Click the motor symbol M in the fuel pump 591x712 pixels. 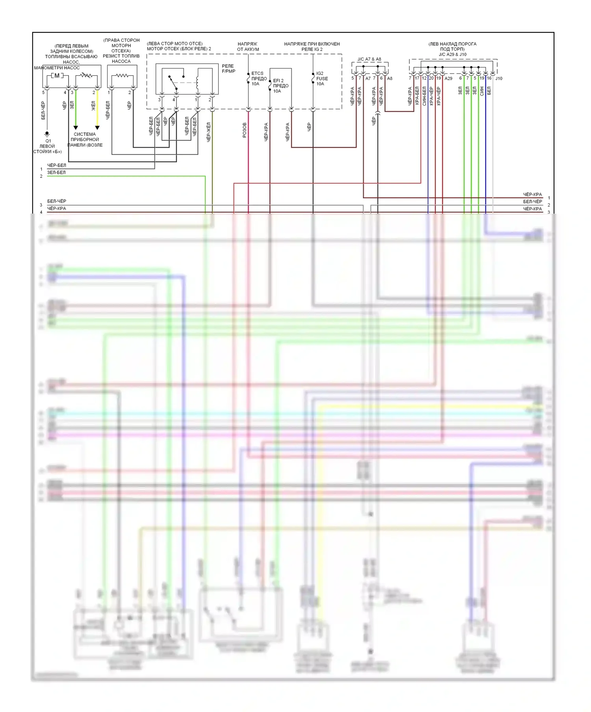pos(57,75)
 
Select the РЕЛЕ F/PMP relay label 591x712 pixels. pos(228,69)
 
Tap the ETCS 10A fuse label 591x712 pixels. pos(258,78)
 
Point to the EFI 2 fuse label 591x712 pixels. pos(280,86)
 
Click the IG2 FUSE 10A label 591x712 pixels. pos(322,78)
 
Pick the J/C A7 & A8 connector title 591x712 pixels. pos(369,59)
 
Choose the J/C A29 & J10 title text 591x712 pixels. pos(452,54)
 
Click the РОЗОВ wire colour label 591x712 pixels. pos(245,130)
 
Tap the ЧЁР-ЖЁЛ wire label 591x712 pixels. pos(208,132)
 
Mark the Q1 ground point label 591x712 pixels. pos(48,141)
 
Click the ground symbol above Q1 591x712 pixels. pos(47,134)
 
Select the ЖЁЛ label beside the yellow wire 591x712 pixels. pos(93,105)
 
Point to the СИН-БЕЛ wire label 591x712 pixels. pos(424,96)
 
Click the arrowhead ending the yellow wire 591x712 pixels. pos(97,128)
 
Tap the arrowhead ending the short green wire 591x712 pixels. pos(76,128)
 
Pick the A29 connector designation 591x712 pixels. pos(448,78)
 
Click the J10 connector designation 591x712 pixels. pos(499,78)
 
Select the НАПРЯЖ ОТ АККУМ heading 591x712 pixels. pos(248,46)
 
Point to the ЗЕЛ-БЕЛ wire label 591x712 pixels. pos(56,173)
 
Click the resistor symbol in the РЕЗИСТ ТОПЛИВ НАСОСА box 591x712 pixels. pos(122,75)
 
